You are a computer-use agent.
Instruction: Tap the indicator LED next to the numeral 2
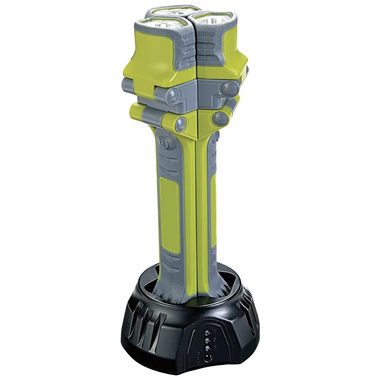[207, 340]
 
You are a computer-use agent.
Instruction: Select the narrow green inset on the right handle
[213, 214]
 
